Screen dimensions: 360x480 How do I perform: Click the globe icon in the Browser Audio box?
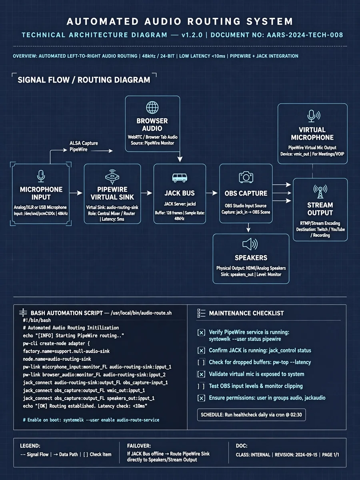click(x=152, y=107)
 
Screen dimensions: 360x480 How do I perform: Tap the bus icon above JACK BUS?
click(x=180, y=178)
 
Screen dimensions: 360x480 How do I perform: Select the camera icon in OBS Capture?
click(x=246, y=177)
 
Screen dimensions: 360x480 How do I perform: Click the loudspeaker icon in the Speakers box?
click(x=250, y=244)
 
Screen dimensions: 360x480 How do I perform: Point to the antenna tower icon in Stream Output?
click(x=320, y=191)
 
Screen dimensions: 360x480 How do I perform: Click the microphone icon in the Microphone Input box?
click(x=41, y=176)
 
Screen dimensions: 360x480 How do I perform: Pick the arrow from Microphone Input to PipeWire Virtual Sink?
click(x=76, y=193)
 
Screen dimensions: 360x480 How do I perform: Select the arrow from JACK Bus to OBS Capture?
click(x=212, y=193)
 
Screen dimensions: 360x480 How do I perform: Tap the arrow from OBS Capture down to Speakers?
click(x=248, y=228)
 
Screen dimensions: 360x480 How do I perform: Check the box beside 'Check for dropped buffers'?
click(x=201, y=362)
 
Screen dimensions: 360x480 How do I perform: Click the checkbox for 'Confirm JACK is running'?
click(x=201, y=350)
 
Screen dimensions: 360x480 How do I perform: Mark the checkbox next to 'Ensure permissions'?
click(x=201, y=398)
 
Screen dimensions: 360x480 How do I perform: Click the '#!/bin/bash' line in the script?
click(x=37, y=320)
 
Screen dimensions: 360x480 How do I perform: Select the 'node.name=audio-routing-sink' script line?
click(x=57, y=359)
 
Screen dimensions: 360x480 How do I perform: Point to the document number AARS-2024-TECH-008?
click(x=305, y=35)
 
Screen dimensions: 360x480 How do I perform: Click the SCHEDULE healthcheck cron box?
click(x=251, y=415)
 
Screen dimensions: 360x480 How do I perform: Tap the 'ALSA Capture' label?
click(x=84, y=143)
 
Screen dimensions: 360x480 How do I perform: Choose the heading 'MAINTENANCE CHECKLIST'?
click(x=246, y=313)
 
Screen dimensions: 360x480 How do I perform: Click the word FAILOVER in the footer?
click(x=139, y=446)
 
